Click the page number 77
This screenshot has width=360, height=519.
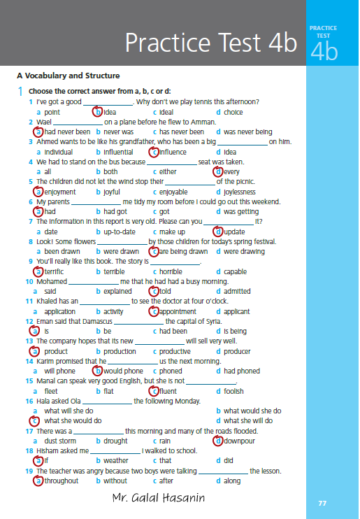coord(322,503)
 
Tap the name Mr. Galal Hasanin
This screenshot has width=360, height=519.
coord(159,497)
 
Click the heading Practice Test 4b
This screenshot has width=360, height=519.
coord(211,43)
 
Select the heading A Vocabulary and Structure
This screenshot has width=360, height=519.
coord(69,76)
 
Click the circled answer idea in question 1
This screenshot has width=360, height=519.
coord(110,112)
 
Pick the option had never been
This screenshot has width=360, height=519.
coord(67,131)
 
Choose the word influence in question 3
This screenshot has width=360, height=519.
coord(173,152)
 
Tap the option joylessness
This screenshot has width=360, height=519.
coord(240,192)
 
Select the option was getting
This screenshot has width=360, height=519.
coord(241,212)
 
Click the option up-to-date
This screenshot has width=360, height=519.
coord(120,232)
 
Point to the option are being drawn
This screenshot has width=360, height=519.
coord(184,252)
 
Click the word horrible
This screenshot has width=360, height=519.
coord(171,271)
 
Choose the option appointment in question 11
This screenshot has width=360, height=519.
coord(178,312)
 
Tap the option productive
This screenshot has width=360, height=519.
coord(175,352)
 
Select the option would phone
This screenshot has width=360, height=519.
coord(124,371)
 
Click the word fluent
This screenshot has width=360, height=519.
coord(168,391)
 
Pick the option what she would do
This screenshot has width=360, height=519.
coord(73,420)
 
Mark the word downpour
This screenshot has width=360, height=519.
coord(239,441)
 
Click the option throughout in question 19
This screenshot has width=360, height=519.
coord(62,481)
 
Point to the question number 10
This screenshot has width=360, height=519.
coord(29,282)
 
